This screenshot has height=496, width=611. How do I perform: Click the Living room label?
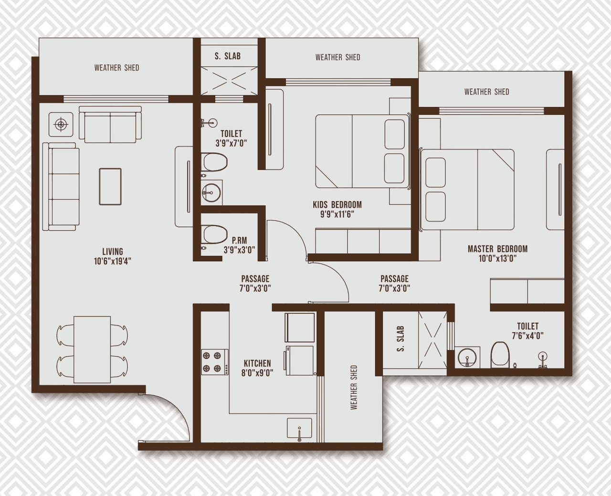[113, 251]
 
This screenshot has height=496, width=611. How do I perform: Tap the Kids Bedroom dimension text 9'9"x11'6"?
[337, 214]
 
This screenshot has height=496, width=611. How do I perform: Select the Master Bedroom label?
[497, 249]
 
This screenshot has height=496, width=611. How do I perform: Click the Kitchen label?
[257, 363]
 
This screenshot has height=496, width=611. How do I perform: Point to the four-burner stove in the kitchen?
[212, 361]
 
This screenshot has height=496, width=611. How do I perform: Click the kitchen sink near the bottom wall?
[299, 428]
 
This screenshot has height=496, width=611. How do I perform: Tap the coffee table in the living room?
[110, 187]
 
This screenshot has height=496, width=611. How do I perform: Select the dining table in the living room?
[92, 349]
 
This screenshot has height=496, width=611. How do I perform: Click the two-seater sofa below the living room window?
[110, 124]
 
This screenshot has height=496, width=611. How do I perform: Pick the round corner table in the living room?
[61, 125]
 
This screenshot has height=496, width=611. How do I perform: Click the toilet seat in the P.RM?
[214, 234]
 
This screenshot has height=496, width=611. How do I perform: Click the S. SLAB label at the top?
[228, 56]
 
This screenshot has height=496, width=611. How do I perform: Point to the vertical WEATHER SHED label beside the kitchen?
[354, 387]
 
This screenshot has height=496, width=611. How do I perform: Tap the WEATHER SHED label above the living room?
[116, 68]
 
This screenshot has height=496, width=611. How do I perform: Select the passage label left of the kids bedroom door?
[255, 279]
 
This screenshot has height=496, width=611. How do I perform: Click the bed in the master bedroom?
[468, 190]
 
